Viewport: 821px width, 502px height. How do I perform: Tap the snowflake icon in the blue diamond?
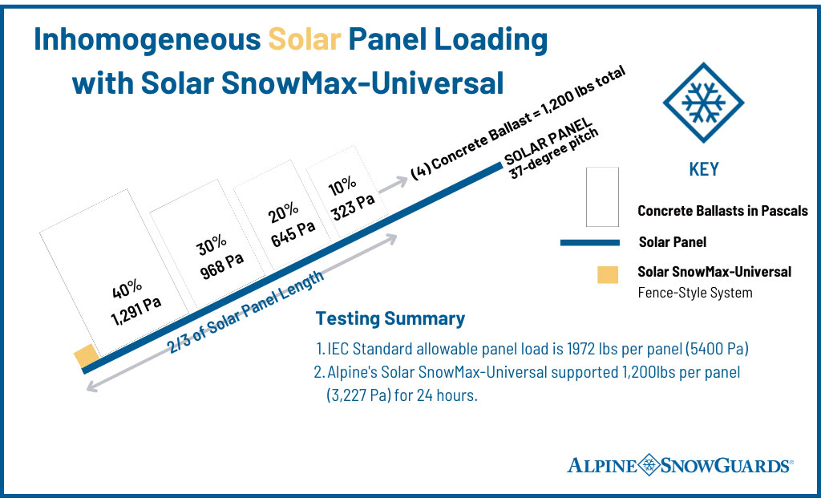point(703,103)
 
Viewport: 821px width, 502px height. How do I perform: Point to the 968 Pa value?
point(220,261)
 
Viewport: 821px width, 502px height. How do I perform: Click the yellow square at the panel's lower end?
point(86,356)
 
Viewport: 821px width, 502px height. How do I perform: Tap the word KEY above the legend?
point(703,169)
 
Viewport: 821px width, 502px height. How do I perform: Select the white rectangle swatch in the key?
point(602,197)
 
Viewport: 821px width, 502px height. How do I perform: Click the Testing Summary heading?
point(390,318)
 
